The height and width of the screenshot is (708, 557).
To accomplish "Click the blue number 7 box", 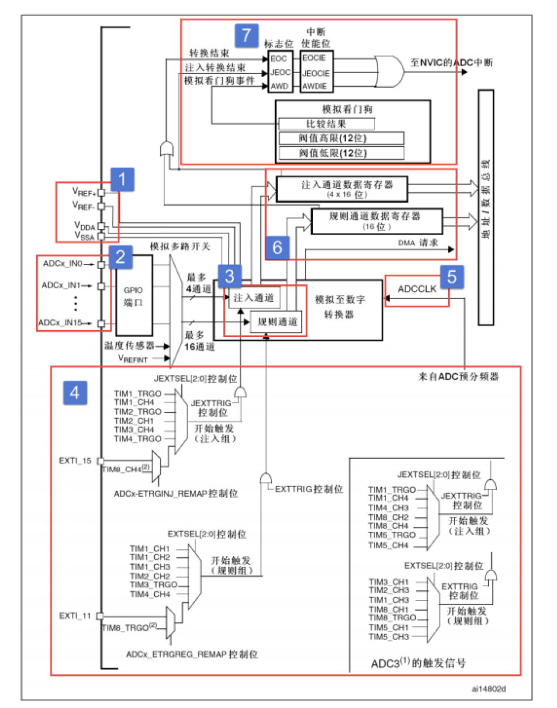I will click(246, 35).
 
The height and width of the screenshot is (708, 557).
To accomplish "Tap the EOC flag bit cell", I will click(279, 58).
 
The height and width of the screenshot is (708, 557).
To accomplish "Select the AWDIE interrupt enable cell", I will click(315, 86).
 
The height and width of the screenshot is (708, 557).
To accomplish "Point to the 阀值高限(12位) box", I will click(341, 138).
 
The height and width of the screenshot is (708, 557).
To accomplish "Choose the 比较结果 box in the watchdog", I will click(326, 123).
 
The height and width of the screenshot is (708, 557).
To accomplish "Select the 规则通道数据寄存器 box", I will click(377, 220).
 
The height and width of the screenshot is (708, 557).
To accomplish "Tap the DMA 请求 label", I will click(418, 242).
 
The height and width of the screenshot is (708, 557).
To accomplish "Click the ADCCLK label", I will click(417, 289).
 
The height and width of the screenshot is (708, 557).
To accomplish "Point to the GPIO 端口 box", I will click(134, 296).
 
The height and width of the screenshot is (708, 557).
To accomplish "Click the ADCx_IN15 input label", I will click(60, 323).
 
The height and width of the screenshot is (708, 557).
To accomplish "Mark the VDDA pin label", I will click(85, 226).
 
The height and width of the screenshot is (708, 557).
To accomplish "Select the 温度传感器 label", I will click(129, 346).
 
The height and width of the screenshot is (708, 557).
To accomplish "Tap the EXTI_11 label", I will click(75, 616).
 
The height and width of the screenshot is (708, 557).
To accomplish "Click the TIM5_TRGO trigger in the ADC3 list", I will click(392, 535).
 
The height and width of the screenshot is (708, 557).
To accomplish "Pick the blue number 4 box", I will click(75, 392).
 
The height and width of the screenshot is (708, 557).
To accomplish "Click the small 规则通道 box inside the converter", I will click(277, 322).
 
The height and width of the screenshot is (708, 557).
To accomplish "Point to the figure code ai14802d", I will click(488, 689).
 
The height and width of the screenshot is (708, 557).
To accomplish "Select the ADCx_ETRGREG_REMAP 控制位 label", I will click(192, 654).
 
